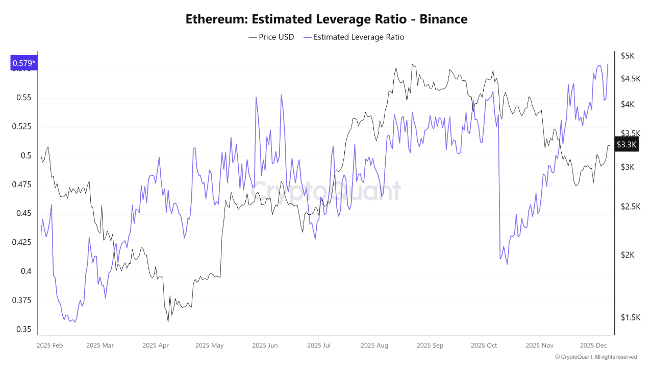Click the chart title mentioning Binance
pos(326,19)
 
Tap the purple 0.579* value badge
pos(23,63)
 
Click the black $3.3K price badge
pos(626,145)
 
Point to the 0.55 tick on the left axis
pos(22,98)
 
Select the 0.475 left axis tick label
pos(20,185)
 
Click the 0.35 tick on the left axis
pos(22,329)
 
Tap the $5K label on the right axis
pos(627,56)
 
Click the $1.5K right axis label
pos(630,317)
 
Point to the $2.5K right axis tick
pos(630,206)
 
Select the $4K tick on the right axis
pos(627,104)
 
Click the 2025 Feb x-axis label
pos(49,346)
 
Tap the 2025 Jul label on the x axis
pos(318,346)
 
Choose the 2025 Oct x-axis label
pos(484,346)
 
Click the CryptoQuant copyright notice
pos(595,357)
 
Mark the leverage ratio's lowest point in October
pos(507,264)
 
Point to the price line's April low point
pos(168,322)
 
